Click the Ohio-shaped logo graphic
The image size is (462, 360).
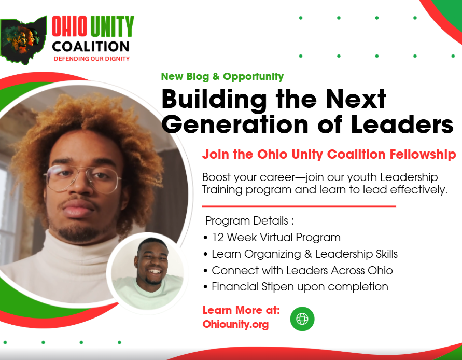point(23,40)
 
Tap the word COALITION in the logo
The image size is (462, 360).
point(91,47)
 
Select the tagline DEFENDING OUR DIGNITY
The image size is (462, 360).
point(92,59)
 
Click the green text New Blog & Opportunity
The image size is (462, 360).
point(222,76)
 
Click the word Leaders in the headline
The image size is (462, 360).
point(402,124)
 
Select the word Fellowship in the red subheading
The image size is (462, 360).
point(423,155)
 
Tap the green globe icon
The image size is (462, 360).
point(302,319)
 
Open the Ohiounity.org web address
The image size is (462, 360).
point(235,324)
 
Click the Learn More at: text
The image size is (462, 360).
point(241,310)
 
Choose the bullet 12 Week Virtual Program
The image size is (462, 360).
point(272,238)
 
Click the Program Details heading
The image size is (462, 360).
point(249,221)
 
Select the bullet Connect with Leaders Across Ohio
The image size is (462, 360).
point(298,270)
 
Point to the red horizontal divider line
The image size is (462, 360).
point(299,206)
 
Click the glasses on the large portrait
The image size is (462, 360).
point(82,178)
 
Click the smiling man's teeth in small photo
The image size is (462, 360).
point(155,271)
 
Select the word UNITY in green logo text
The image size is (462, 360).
point(112,26)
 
